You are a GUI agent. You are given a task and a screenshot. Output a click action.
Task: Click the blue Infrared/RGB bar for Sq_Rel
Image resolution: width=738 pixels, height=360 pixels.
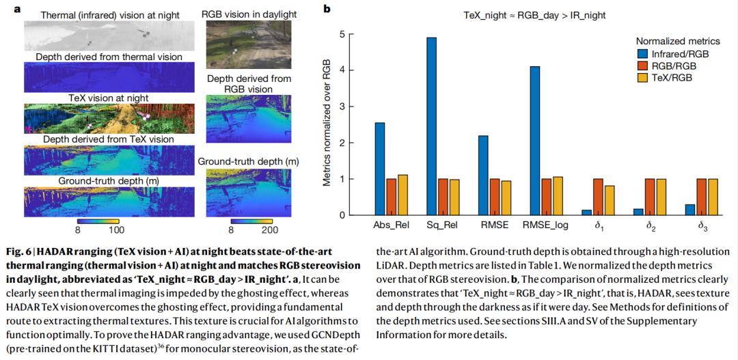(x=431, y=126)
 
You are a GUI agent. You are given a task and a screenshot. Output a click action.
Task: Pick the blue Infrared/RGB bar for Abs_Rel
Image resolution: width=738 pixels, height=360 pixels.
(x=380, y=169)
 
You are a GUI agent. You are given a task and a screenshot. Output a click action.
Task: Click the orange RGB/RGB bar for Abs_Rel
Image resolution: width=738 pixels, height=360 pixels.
(x=392, y=197)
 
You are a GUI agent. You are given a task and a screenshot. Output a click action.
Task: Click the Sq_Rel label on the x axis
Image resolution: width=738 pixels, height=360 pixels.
(x=443, y=225)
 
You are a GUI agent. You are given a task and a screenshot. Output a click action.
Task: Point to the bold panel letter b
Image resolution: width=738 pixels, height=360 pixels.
(x=327, y=9)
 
